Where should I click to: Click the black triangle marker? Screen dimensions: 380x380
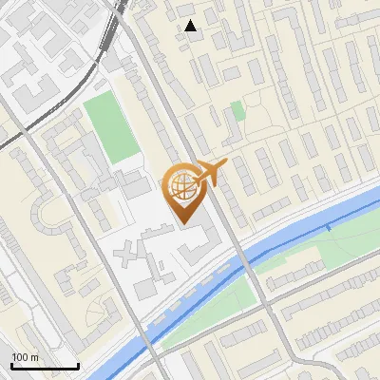coord(191,26)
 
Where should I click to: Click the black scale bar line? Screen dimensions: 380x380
coord(45,367)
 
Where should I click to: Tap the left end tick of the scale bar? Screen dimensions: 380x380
coord(11,365)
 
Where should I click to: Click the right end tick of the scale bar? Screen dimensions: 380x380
coord(78,365)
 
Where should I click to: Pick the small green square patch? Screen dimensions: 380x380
coord(237,110)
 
